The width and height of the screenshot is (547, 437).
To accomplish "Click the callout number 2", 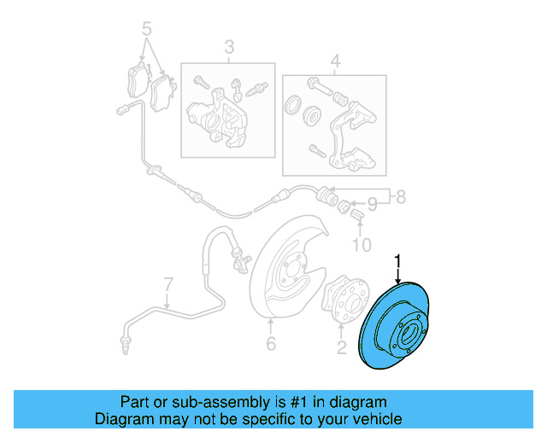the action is coord(341,347).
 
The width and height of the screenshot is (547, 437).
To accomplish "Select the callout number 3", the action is coord(229,47).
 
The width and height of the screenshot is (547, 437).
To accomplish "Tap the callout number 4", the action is coord(335,61).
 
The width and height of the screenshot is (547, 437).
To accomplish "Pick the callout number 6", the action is coord(271,344).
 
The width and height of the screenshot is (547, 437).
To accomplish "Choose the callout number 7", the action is coord(168,283).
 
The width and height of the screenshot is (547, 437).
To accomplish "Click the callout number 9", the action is coord(371,205).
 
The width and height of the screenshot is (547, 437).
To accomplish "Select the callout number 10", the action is coord(362,248).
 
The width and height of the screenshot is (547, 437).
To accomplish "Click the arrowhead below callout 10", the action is coord(360,224).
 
